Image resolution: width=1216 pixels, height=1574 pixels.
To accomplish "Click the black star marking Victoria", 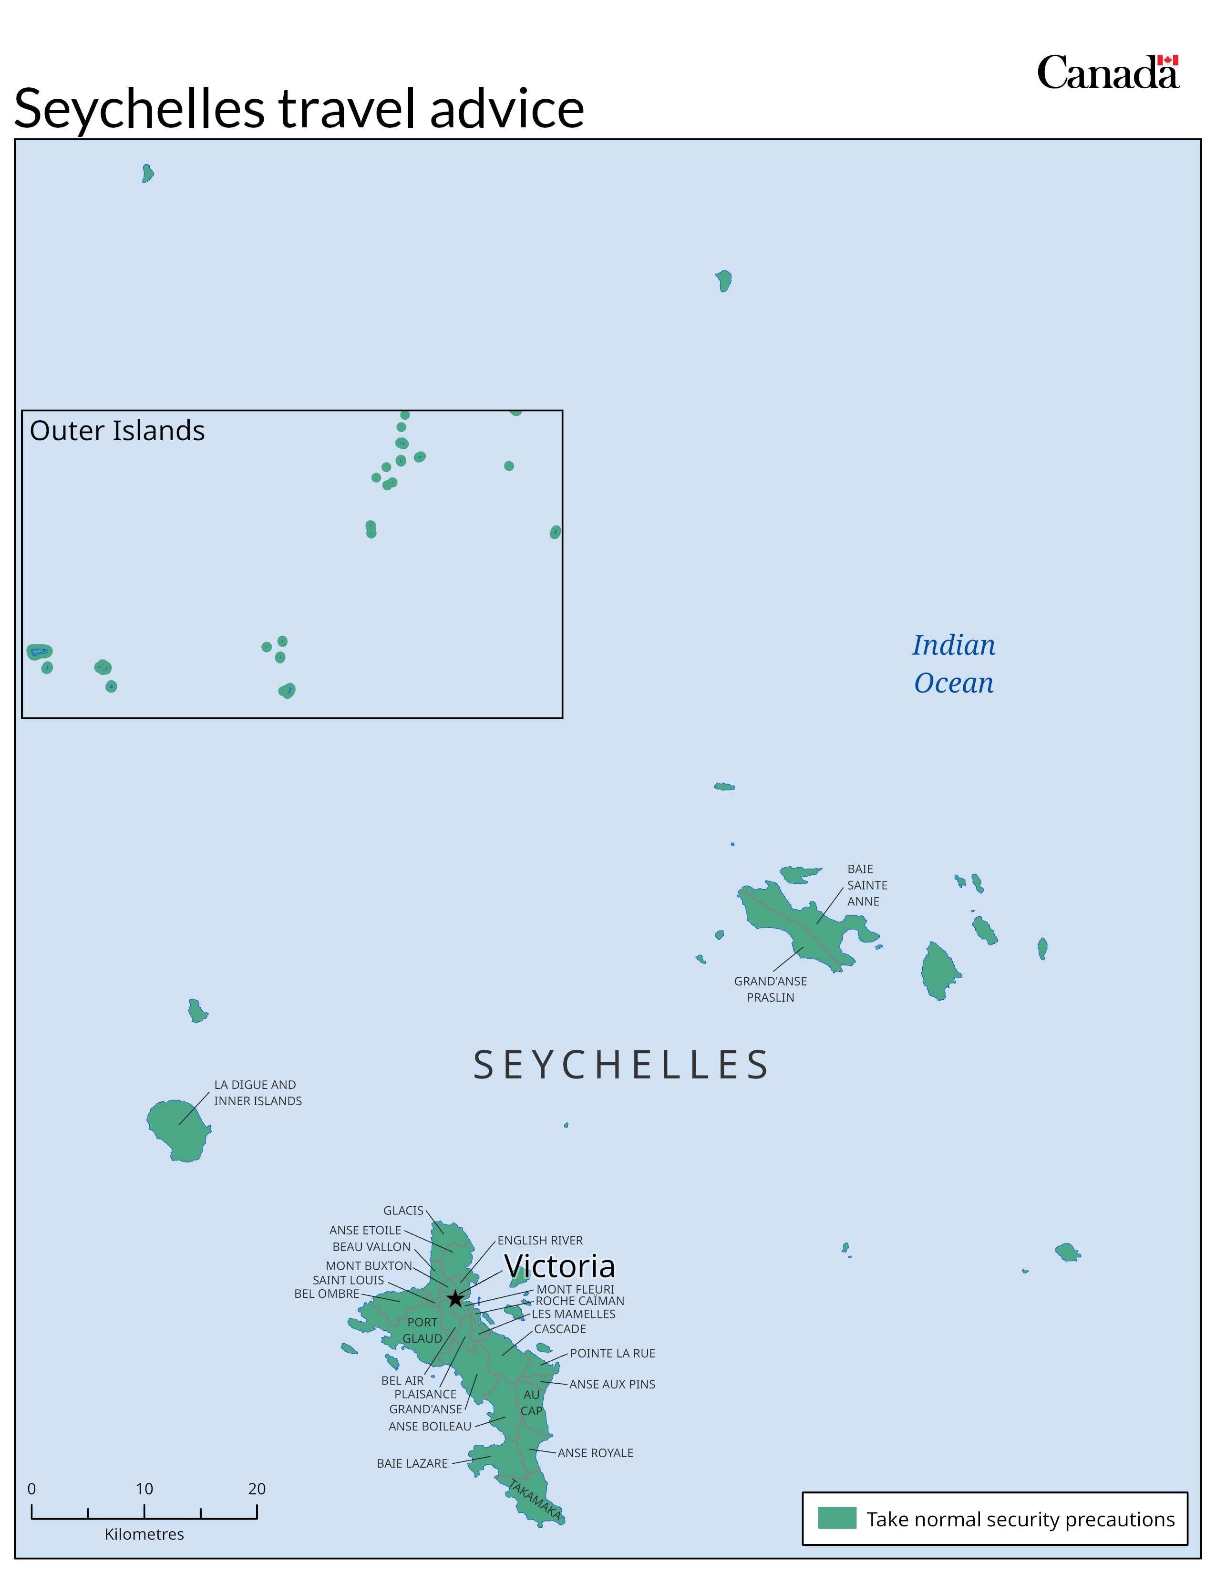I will coord(455,1299).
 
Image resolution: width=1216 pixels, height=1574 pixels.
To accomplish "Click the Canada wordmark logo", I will coord(1107,73).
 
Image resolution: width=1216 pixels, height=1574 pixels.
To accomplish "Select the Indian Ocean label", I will coord(954,664).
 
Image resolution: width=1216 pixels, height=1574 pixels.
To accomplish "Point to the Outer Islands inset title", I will coord(117,431).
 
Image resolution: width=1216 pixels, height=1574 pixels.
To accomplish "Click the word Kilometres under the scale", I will coord(144,1533).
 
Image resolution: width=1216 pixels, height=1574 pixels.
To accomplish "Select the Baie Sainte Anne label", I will coord(866,885).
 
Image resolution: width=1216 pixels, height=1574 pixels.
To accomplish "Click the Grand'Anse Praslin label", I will coord(770,989).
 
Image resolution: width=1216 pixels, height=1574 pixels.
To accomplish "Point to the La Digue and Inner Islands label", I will coord(257,1093).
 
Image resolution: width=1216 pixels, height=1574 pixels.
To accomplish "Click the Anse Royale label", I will coord(595,1453).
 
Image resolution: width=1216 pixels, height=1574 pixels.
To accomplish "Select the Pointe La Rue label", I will coord(612,1354).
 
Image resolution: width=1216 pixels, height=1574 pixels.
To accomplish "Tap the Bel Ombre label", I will coord(326,1294).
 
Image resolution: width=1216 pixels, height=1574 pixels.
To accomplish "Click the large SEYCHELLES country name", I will coord(621,1065).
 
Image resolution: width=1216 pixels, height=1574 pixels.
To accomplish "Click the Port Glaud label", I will coord(422,1330).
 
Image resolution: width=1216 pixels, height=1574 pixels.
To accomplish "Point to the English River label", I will coord(539,1240).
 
